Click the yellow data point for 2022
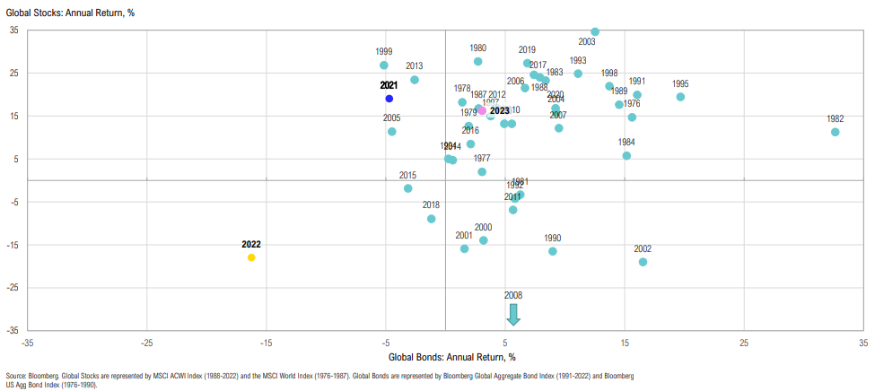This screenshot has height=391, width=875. (x=251, y=257)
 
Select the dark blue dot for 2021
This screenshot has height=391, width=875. (x=389, y=99)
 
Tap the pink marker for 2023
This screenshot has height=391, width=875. (x=482, y=110)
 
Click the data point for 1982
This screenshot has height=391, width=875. (x=835, y=132)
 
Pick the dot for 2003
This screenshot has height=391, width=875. (x=595, y=31)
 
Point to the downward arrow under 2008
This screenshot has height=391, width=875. (x=513, y=314)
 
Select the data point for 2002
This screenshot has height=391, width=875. (x=643, y=262)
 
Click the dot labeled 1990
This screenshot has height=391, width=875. (x=553, y=251)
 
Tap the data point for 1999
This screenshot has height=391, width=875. (x=384, y=65)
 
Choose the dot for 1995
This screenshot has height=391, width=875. (x=680, y=97)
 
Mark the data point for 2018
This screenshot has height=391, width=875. (x=432, y=219)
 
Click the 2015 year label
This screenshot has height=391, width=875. (x=408, y=176)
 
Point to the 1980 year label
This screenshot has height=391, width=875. (x=478, y=48)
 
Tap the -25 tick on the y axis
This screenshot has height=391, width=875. (x=15, y=288)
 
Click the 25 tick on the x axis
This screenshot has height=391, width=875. (x=744, y=343)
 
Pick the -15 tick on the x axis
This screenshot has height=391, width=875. (x=266, y=343)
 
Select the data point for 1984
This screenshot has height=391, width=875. (x=626, y=155)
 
